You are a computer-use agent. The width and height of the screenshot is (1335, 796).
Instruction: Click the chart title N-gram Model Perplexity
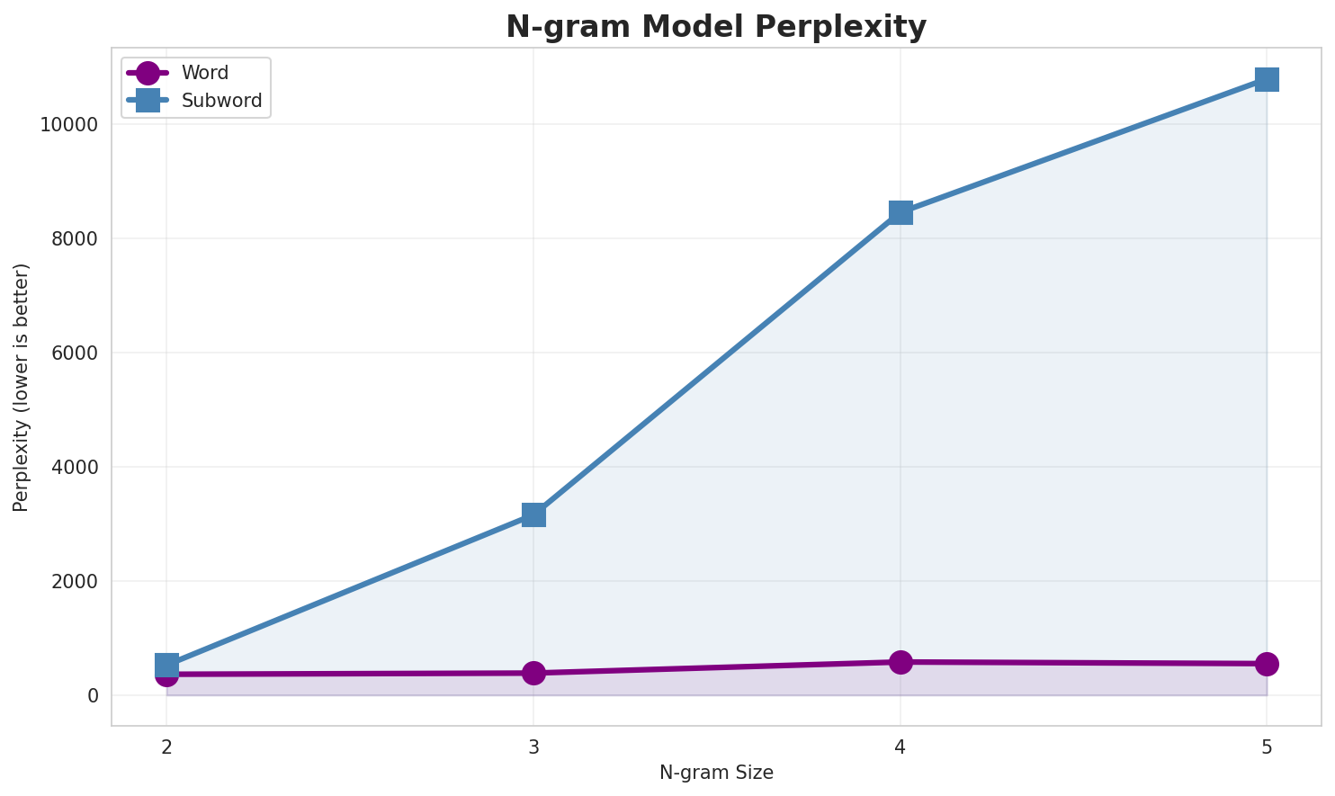point(715,27)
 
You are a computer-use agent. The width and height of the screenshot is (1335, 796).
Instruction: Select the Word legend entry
point(204,73)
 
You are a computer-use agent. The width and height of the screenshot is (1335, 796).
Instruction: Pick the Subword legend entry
point(221,101)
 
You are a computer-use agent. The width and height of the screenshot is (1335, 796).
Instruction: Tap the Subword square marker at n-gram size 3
point(533,514)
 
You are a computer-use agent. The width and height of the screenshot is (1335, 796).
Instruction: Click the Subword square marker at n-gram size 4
point(900,212)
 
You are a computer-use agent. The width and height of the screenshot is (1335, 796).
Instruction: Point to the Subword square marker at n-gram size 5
point(1267,79)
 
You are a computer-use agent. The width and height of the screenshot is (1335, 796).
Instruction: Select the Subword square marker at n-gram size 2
point(166,665)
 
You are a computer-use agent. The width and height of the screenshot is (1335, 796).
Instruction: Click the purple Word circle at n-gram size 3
point(533,673)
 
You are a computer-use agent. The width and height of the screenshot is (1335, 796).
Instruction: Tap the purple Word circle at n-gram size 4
point(900,662)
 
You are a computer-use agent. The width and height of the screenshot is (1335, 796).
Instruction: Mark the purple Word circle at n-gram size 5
point(1267,664)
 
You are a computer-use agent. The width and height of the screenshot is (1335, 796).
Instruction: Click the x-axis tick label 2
point(166,746)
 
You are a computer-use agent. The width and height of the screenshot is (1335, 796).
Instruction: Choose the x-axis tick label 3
point(533,746)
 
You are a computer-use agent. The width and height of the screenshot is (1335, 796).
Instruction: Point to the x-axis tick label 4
point(900,746)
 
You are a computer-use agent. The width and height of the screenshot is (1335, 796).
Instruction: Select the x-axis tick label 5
point(1267,746)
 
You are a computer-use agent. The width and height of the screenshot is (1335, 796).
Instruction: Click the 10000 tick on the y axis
point(68,124)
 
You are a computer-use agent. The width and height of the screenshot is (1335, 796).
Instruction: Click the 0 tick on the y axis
point(93,695)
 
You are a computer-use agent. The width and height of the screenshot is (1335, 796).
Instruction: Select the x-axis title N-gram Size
point(716,773)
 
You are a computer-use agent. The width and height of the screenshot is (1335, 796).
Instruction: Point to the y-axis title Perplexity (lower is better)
point(22,387)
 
